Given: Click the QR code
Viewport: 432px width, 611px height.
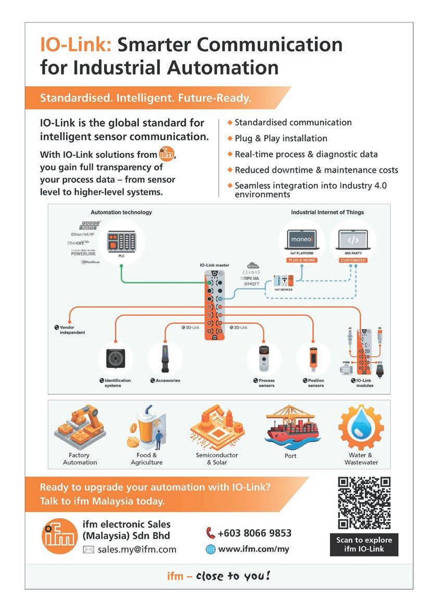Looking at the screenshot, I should [364, 503].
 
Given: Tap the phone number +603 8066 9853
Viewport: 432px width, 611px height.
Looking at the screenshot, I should [254, 533].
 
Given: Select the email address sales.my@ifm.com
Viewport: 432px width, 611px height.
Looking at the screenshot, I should [137, 549].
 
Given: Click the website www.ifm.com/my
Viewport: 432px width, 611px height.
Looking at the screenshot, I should [253, 548].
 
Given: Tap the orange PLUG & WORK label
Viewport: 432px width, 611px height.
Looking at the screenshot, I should [304, 260].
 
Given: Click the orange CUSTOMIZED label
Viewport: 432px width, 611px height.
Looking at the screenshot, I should [353, 260].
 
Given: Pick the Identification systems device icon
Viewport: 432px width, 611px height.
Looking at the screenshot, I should [116, 359].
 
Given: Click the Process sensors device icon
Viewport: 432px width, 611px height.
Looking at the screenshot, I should [267, 358].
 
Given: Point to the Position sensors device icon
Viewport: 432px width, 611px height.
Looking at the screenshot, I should [313, 358].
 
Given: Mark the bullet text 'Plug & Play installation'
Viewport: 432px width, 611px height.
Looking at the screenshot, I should [281, 139].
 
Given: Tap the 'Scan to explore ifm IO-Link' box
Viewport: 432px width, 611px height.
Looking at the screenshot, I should [364, 544].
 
